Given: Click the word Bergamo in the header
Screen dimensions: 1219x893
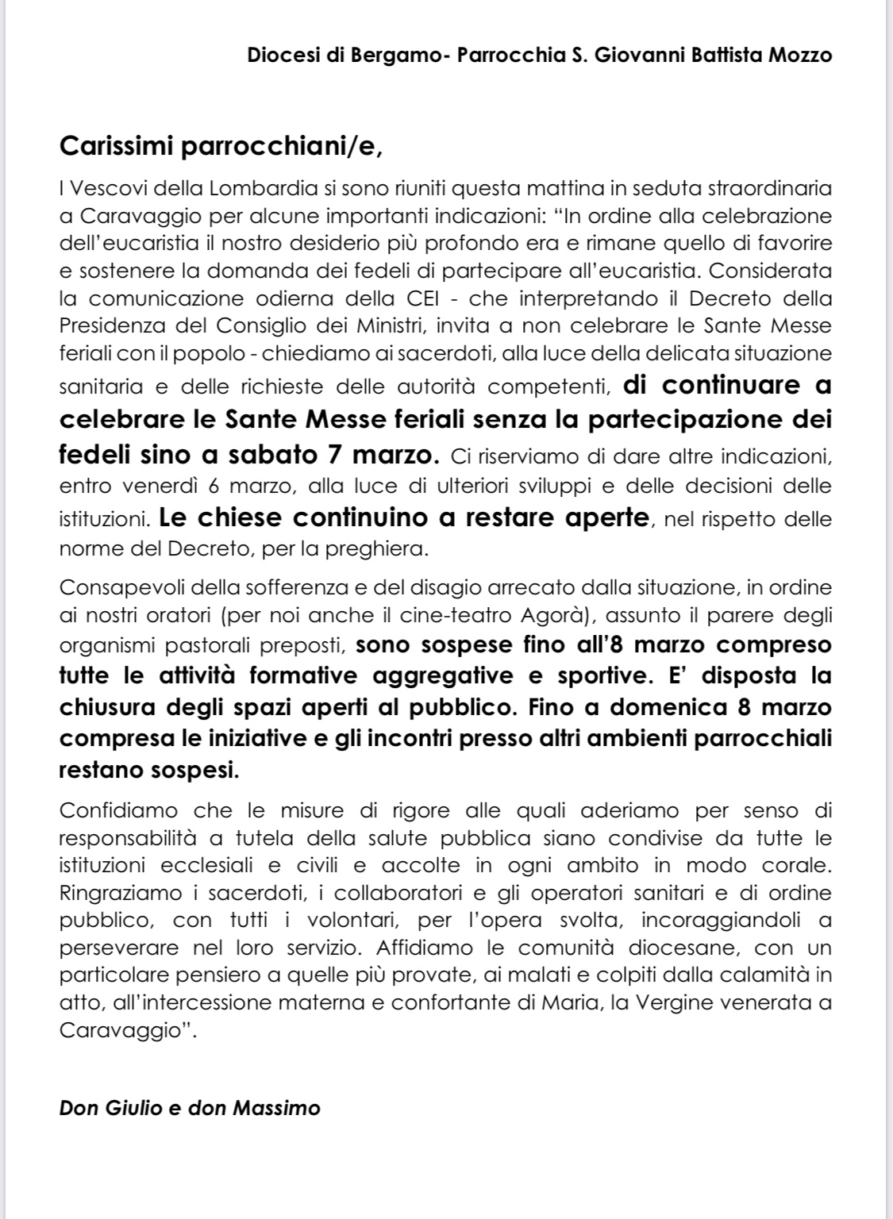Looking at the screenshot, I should click(398, 56).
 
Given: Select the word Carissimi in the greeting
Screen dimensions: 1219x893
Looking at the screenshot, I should click(117, 146).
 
